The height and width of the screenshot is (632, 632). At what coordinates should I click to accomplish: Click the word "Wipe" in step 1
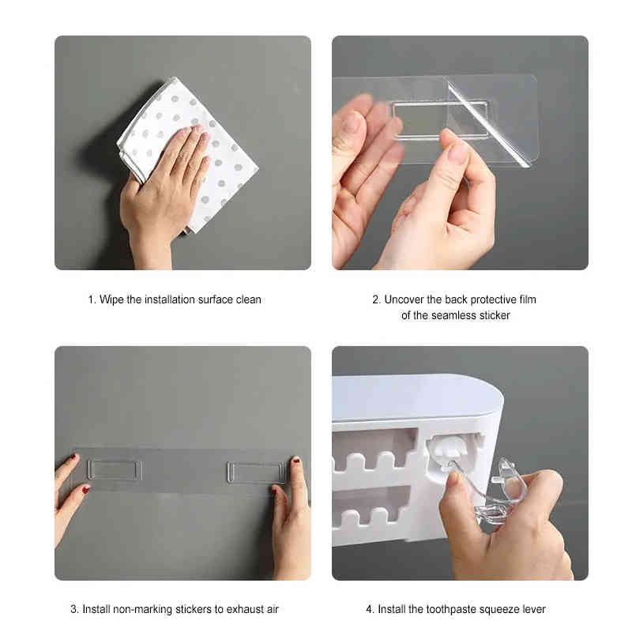pos(111,300)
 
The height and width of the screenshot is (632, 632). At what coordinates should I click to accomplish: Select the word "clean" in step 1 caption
pos(248,300)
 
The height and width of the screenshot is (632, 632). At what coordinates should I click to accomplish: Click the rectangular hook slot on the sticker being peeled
pos(440,120)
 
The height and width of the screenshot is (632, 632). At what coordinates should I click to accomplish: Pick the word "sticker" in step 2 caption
pos(495,315)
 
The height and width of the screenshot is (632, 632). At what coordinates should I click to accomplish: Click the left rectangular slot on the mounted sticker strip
pos(115,470)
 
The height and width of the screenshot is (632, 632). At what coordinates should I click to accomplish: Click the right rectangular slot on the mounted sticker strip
pos(256,472)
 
